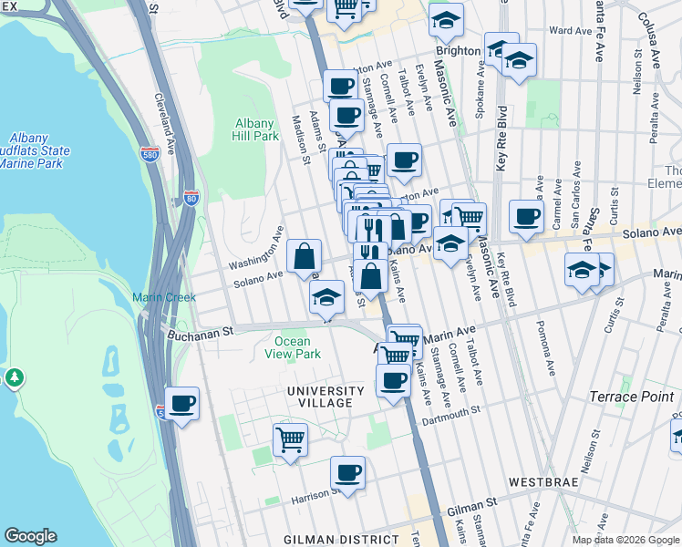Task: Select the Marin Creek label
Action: click(159, 297)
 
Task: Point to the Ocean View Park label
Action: click(292, 347)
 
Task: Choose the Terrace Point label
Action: click(632, 397)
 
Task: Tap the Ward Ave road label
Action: click(572, 30)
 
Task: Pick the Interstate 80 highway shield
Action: click(191, 197)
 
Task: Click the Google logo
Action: click(30, 536)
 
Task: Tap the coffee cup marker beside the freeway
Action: click(181, 403)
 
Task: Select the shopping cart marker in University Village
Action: click(290, 439)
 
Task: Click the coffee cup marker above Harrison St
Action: click(347, 472)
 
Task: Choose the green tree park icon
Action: click(15, 377)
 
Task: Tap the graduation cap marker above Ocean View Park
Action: click(326, 296)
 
